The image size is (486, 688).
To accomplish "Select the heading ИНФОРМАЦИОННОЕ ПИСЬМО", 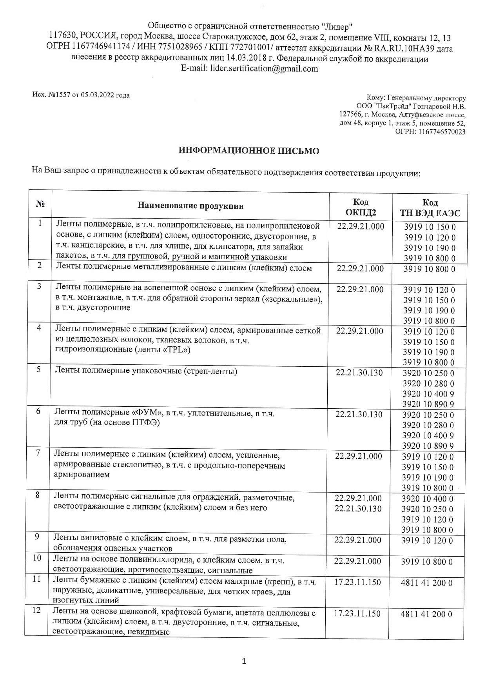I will tap(249, 151).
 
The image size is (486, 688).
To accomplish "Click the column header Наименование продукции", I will tap(190, 206).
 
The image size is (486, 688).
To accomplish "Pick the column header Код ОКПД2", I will tap(361, 207).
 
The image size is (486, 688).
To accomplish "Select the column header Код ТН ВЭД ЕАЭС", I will tap(430, 208).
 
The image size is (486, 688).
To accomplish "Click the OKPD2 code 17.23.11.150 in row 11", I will tap(357, 582).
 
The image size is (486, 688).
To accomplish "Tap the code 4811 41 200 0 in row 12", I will tap(426, 614).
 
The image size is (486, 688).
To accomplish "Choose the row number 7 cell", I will tap(38, 453).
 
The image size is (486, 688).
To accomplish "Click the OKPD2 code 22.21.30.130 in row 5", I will tap(359, 373).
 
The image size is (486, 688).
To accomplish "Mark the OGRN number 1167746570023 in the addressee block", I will tap(442, 132).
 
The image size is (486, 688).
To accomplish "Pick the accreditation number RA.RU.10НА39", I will tap(404, 49).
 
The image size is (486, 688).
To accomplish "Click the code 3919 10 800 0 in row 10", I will tap(427, 562).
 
